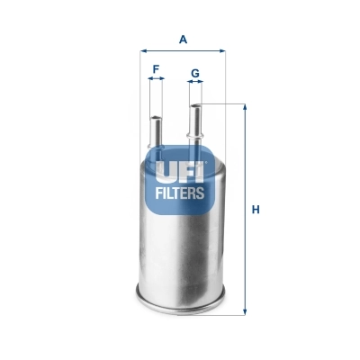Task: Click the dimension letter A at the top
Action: point(183,39)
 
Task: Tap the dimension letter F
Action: point(157,68)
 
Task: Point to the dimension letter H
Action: point(256,210)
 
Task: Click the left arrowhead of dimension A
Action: point(144,51)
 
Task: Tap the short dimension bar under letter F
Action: point(157,80)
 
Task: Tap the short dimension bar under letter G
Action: point(195,83)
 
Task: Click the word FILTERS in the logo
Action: point(182,192)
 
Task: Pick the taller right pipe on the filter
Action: point(195,126)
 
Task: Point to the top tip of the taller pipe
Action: point(195,106)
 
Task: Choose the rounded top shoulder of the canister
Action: point(181,150)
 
